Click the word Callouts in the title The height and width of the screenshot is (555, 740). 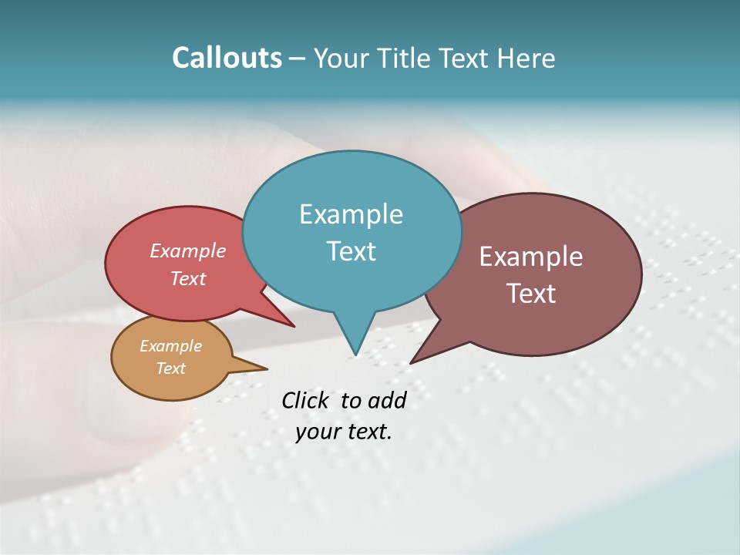(x=227, y=59)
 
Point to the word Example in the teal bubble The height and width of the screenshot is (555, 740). (x=351, y=214)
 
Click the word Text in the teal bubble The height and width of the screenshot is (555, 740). (x=351, y=251)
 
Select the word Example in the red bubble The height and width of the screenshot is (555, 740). (x=188, y=251)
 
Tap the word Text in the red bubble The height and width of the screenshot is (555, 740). (x=188, y=278)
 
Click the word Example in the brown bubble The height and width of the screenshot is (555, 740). (x=531, y=257)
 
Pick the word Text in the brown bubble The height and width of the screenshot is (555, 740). (x=531, y=294)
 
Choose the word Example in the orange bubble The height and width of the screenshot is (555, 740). (x=171, y=346)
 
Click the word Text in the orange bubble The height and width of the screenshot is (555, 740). (x=171, y=368)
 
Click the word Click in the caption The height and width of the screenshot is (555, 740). (x=307, y=400)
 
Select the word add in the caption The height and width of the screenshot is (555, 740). (x=387, y=400)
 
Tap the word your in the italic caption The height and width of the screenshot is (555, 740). (x=317, y=432)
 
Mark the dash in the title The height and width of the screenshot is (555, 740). (x=298, y=59)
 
